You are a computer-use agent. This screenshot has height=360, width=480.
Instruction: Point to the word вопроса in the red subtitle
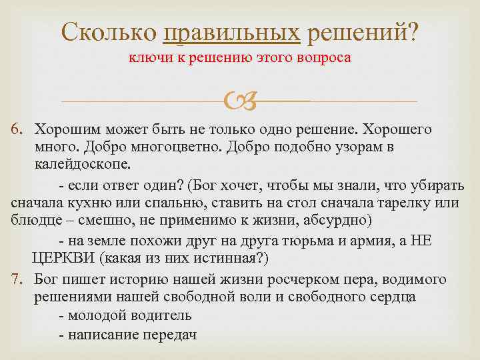pyautogui.click(x=326, y=58)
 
